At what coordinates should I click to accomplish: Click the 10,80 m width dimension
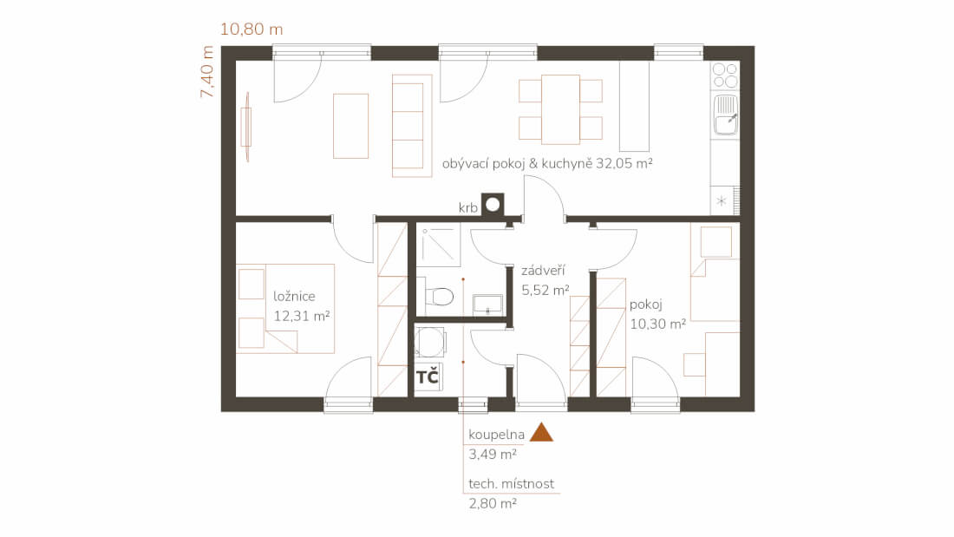click(252, 29)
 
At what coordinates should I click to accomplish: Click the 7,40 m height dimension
click(207, 72)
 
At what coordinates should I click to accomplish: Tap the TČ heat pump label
click(427, 377)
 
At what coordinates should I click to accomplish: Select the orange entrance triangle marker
click(541, 432)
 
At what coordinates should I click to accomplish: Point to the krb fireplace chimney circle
click(493, 204)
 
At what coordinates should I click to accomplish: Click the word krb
click(467, 208)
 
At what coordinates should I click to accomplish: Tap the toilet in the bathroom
click(439, 297)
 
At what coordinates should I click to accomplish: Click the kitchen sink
click(725, 115)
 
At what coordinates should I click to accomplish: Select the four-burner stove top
click(725, 75)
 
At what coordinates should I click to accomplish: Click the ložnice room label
click(294, 297)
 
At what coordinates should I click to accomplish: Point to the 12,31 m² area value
click(301, 316)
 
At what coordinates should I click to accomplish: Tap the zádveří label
click(543, 271)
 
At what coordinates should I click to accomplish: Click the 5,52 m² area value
click(546, 290)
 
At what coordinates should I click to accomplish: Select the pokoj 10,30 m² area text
click(657, 324)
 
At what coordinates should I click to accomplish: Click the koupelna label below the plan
click(496, 435)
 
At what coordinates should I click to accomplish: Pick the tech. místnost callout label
click(511, 484)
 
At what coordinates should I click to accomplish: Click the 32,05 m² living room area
click(624, 163)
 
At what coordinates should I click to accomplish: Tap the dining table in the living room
click(560, 109)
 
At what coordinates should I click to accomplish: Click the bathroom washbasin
click(487, 304)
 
